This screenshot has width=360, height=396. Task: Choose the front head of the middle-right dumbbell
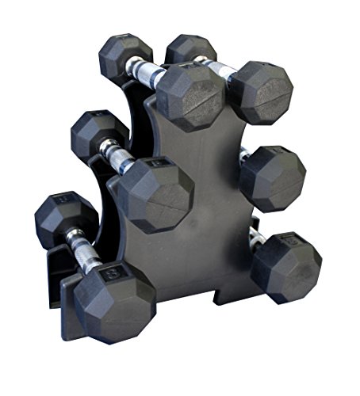[272, 177]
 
